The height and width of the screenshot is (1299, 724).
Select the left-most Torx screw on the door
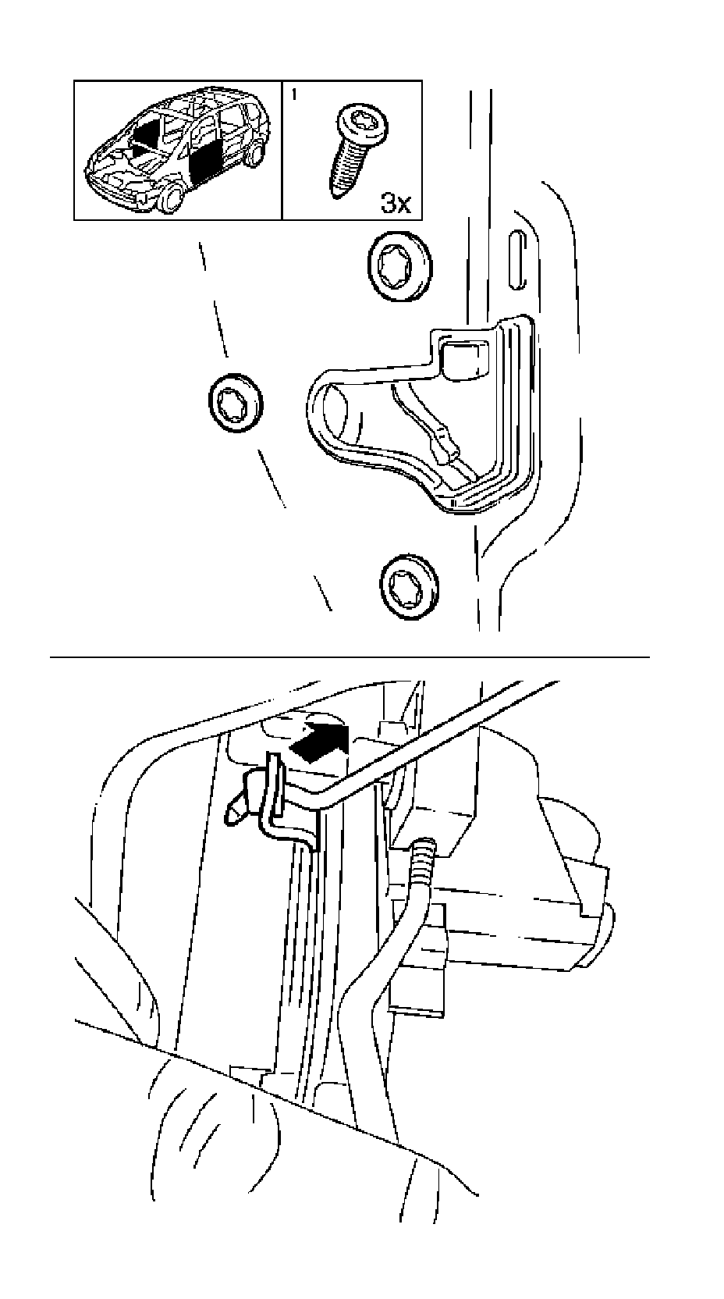235,404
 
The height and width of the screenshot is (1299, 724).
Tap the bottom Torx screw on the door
409,587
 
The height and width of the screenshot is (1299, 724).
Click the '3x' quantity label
395,204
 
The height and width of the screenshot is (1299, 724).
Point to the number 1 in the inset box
293,95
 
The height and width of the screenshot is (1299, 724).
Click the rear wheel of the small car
254,155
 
